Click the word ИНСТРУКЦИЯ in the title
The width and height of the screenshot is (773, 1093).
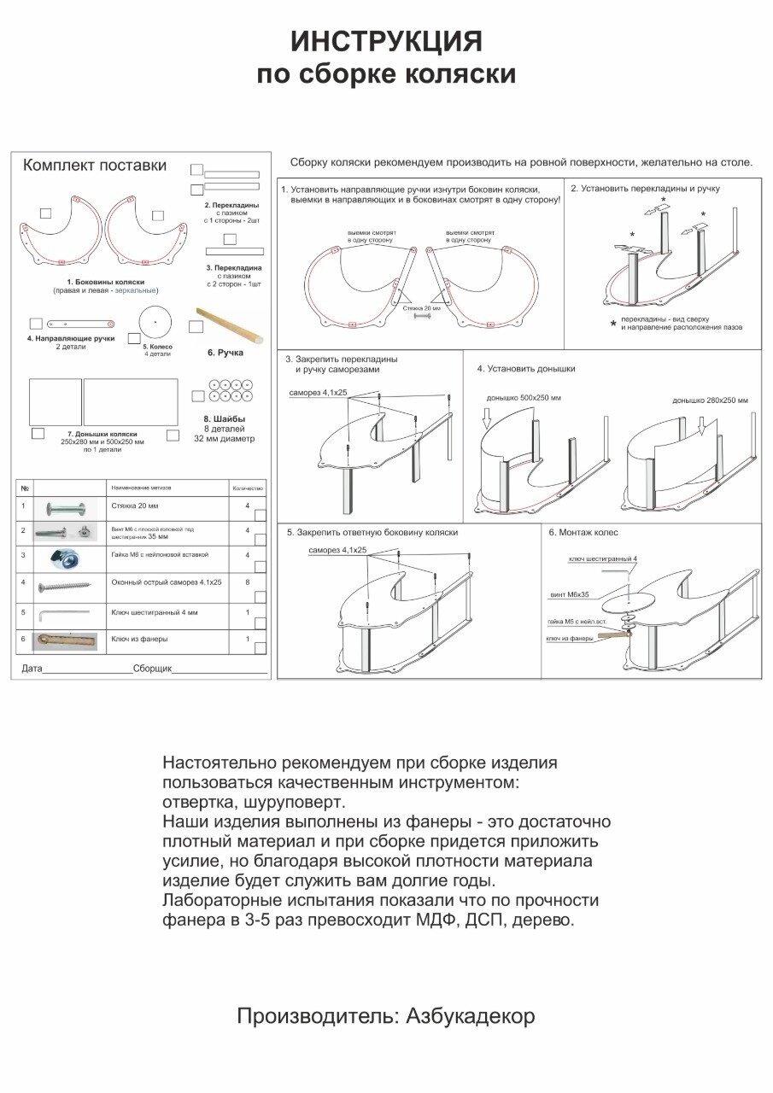[386, 41]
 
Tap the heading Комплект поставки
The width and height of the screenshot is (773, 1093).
[94, 166]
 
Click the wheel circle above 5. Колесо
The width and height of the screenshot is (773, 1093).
[155, 320]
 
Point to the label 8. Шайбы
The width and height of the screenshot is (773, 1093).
[225, 419]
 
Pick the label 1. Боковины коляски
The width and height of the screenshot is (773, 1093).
[105, 281]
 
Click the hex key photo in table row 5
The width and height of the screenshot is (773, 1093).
[61, 612]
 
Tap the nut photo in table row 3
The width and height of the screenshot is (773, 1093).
[61, 558]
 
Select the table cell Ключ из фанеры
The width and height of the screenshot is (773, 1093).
[139, 639]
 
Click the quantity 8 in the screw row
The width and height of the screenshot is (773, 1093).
[247, 582]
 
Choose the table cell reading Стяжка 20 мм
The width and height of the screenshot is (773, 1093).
[131, 506]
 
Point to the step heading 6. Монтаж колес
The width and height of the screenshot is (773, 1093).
[583, 532]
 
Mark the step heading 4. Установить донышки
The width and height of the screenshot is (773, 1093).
[525, 369]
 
